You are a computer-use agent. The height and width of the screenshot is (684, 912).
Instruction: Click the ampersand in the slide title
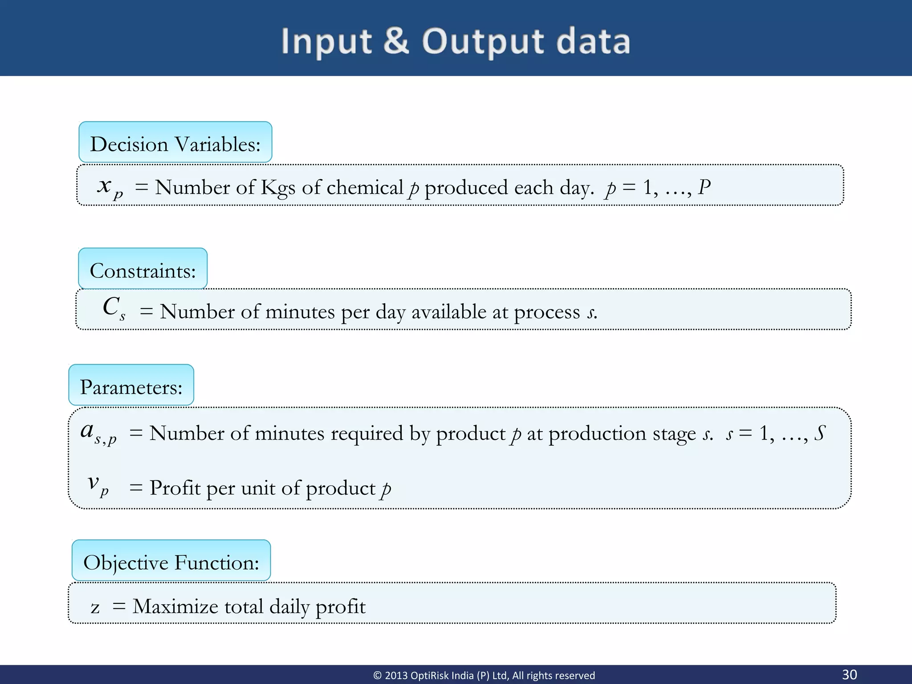pos(396,41)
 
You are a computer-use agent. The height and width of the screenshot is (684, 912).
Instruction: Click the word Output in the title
pos(483,42)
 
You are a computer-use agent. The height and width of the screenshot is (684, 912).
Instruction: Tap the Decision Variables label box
pos(175,142)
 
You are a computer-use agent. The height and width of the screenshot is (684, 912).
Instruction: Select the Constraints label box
pos(142,269)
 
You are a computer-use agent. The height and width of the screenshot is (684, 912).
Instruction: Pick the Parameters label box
pos(131,385)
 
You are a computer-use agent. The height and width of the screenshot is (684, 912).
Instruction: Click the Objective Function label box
pos(171,561)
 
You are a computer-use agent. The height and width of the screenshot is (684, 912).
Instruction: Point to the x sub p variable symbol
pos(109,187)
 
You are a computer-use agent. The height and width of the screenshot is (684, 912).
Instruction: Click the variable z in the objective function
pos(95,607)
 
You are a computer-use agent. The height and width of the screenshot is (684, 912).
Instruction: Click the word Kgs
pos(277,188)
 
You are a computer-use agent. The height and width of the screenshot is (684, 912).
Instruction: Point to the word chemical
pos(365,187)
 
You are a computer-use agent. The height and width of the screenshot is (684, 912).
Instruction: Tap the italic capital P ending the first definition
pos(704,187)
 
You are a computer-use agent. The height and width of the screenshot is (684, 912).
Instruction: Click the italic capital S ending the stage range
pos(820,433)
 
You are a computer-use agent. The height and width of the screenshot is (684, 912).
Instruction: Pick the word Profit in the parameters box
pos(175,488)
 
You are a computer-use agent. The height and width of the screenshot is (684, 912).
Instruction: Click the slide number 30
pos(849,674)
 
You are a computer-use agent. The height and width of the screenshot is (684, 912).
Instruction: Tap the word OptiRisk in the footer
pos(430,676)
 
